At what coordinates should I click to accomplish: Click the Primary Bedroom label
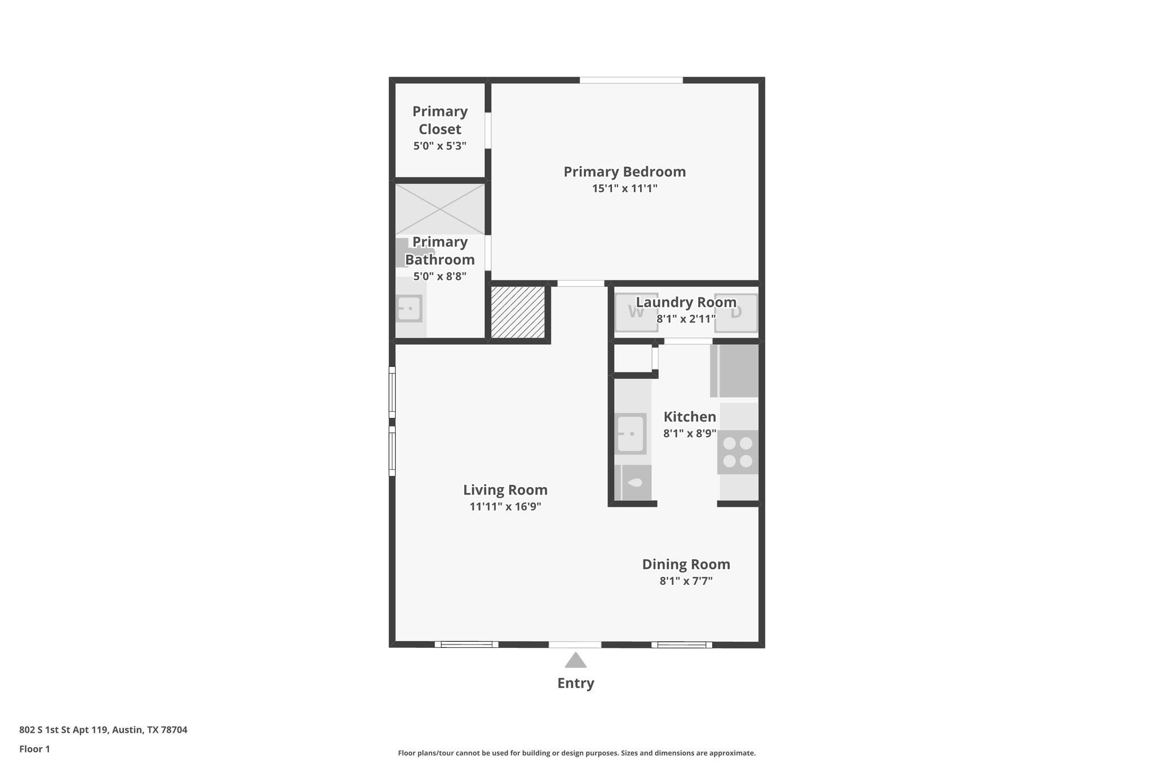(624, 172)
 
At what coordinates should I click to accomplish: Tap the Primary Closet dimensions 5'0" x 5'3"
(440, 146)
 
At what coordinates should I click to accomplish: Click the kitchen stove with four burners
(738, 452)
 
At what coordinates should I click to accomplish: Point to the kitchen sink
(631, 434)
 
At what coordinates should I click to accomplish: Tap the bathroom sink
(409, 309)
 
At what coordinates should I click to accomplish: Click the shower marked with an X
(440, 209)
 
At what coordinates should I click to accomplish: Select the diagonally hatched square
(518, 312)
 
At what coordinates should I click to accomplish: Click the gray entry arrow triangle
(575, 660)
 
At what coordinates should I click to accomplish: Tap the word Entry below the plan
(575, 683)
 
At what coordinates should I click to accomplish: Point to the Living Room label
(505, 490)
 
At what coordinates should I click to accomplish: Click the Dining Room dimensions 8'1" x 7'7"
(686, 581)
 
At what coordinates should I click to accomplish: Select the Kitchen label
(690, 417)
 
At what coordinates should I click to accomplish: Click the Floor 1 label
(34, 749)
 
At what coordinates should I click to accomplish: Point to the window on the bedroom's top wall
(631, 80)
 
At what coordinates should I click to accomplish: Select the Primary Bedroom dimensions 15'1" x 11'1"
(624, 188)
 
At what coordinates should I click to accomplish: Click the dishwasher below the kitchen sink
(633, 483)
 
